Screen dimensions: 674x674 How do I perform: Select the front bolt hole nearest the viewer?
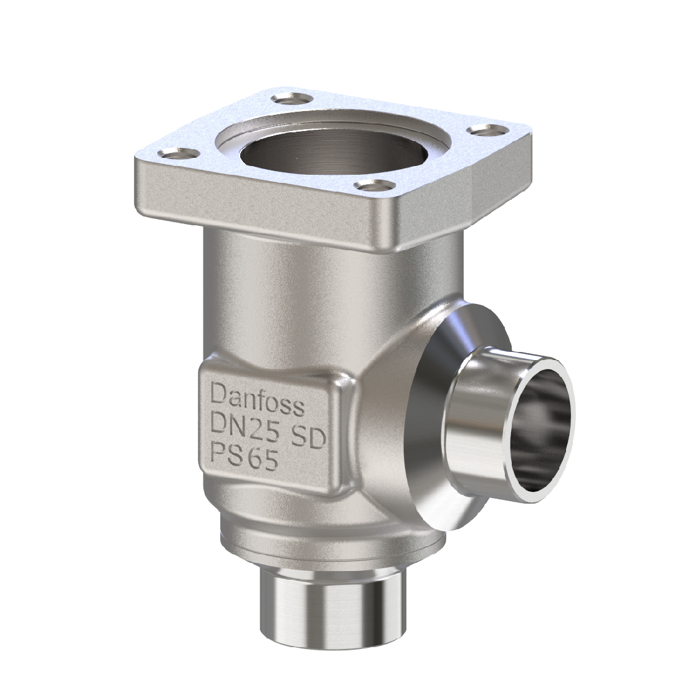(x=375, y=185)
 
